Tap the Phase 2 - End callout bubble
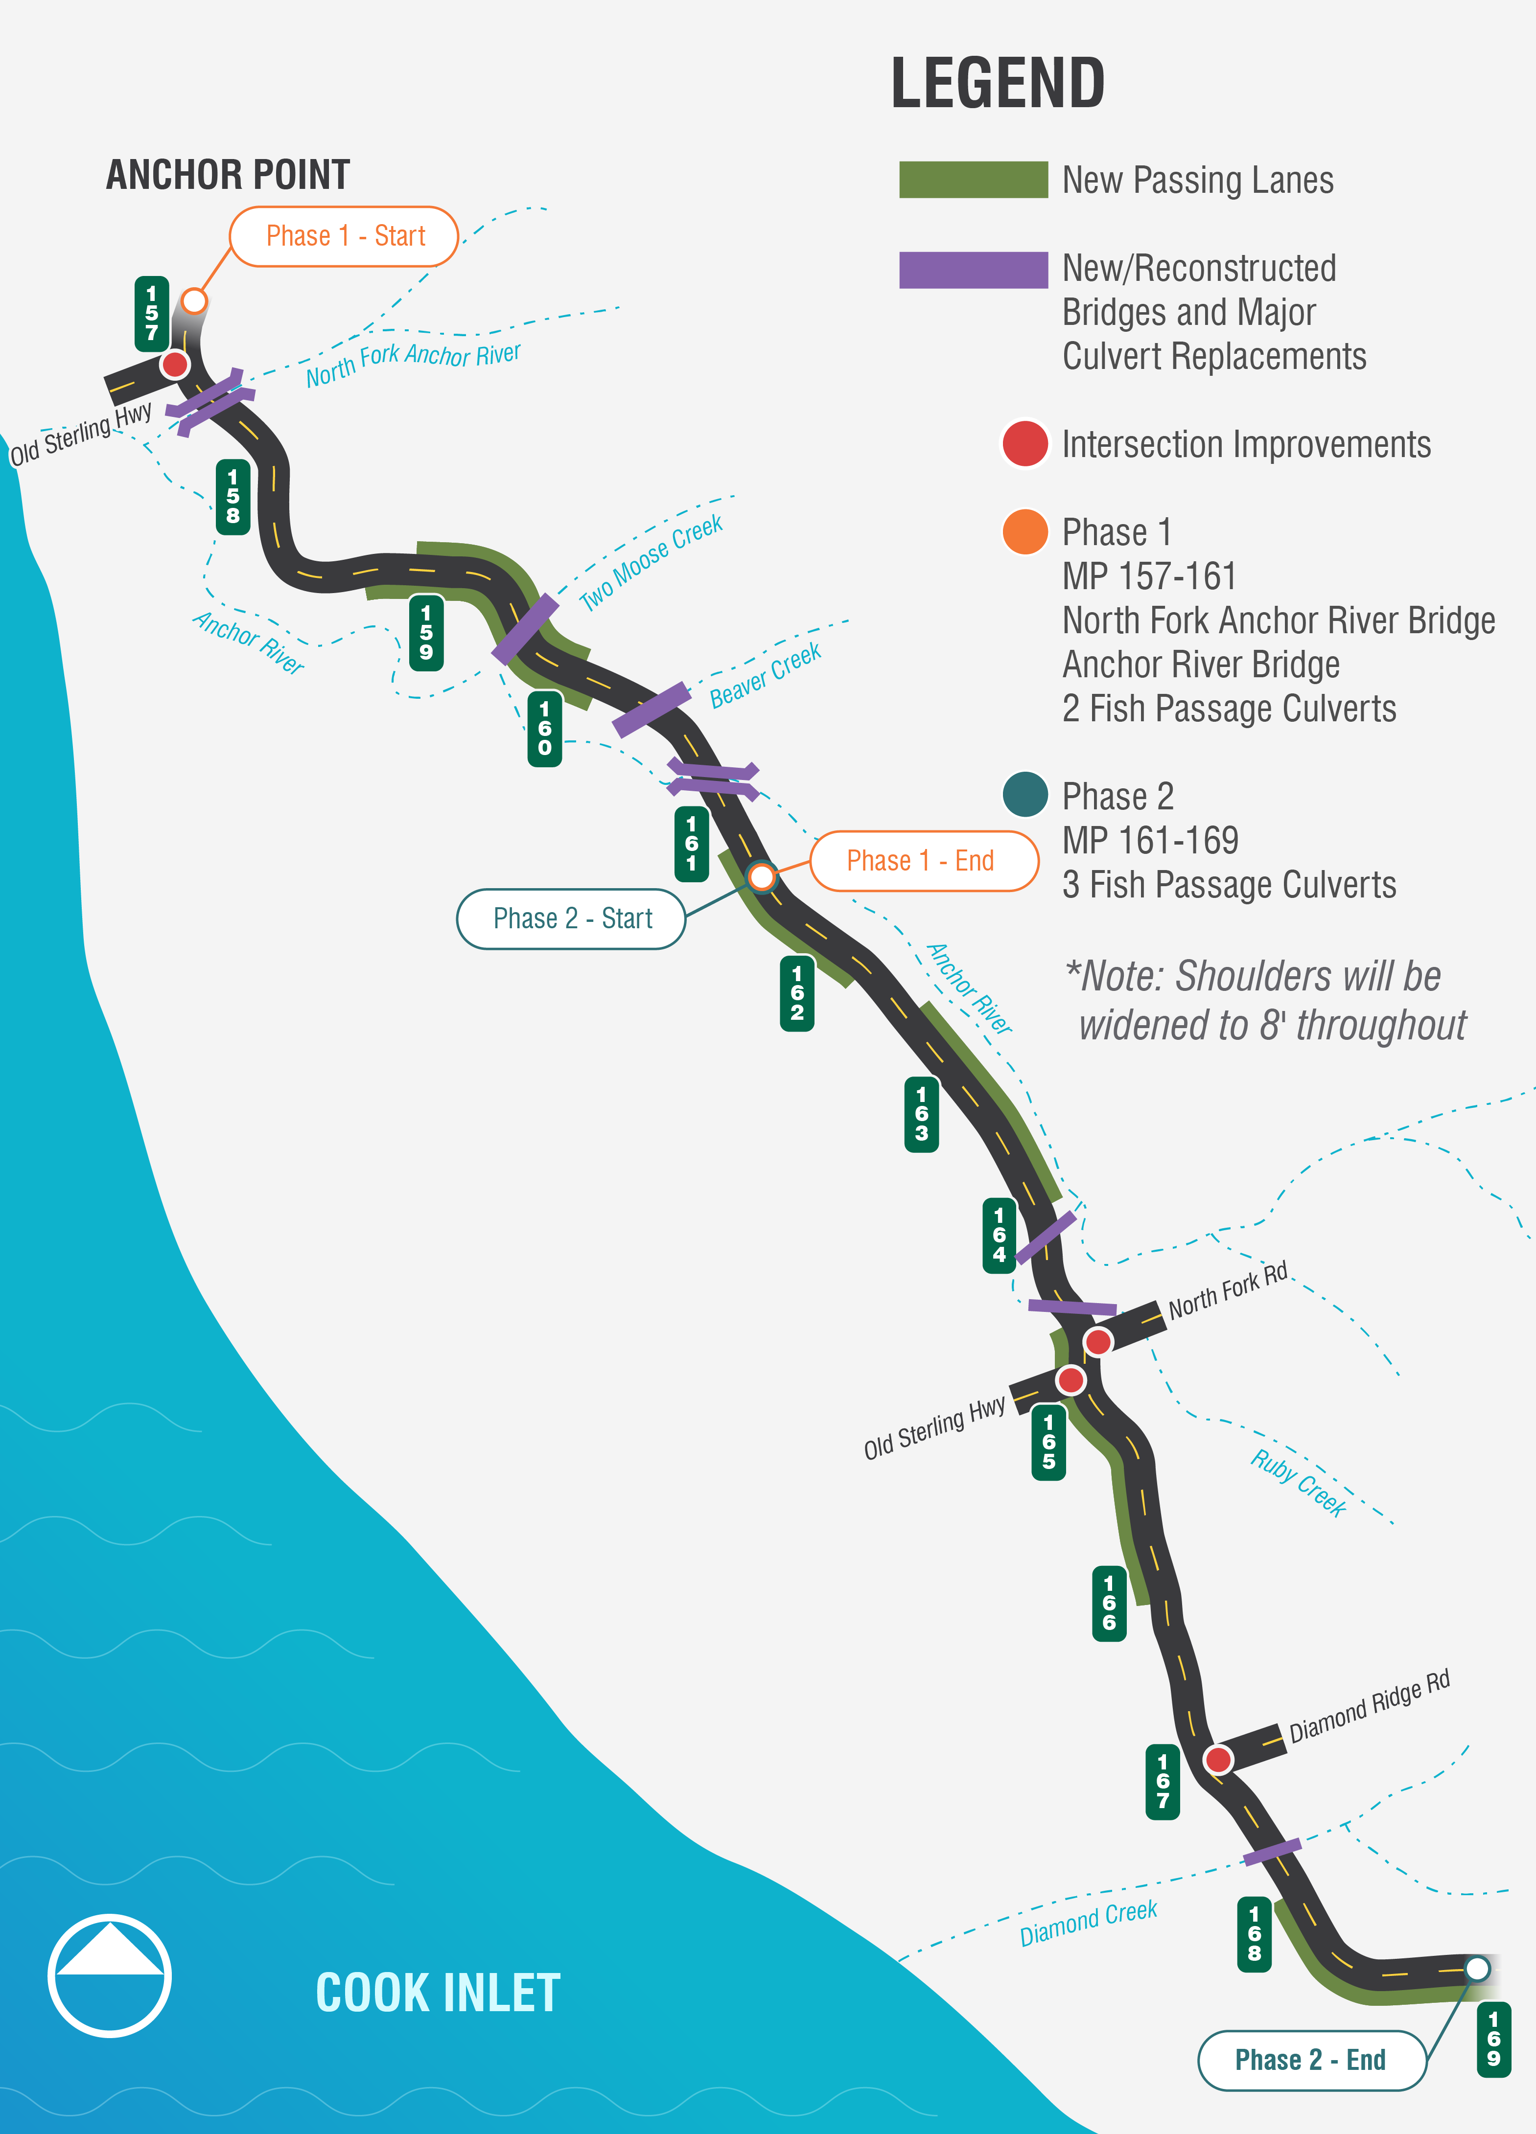click(1310, 2060)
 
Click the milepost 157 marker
click(152, 313)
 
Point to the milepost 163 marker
click(921, 1114)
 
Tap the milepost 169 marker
click(1493, 2039)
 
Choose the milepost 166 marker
click(1109, 1604)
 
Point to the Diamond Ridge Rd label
click(1370, 1706)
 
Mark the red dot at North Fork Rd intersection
click(1097, 1341)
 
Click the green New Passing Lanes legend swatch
click(973, 180)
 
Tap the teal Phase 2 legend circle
click(1025, 795)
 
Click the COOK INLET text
click(438, 1993)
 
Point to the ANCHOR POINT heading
click(228, 175)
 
